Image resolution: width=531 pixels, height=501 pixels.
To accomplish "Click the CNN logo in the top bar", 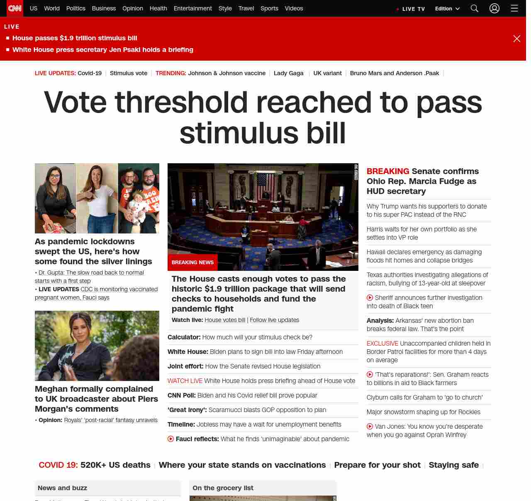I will point(15,8).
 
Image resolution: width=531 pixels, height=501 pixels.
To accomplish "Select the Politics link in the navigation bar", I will point(76,8).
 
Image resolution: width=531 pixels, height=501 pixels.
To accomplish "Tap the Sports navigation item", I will point(269,8).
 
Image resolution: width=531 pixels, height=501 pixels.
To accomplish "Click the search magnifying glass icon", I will point(475,8).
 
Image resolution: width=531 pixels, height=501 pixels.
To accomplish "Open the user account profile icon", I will point(494,8).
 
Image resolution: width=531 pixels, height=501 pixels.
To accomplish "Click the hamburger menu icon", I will point(514,8).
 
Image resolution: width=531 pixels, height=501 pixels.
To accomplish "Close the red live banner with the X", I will point(516,39).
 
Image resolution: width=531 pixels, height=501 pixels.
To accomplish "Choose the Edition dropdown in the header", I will point(447,9).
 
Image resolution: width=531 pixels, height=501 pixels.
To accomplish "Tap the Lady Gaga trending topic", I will point(288,73).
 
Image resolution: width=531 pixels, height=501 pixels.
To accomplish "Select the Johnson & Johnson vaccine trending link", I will point(227,73).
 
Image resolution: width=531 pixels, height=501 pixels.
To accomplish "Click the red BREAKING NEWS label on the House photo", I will point(192,263).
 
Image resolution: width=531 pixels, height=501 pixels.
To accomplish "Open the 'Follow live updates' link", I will point(274,320).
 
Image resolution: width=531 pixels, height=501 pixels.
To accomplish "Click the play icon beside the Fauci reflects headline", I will point(171,439).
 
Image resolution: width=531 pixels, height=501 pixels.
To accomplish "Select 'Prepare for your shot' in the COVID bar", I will point(377,465).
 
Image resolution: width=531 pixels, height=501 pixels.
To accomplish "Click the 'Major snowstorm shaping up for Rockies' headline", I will point(423,412).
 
